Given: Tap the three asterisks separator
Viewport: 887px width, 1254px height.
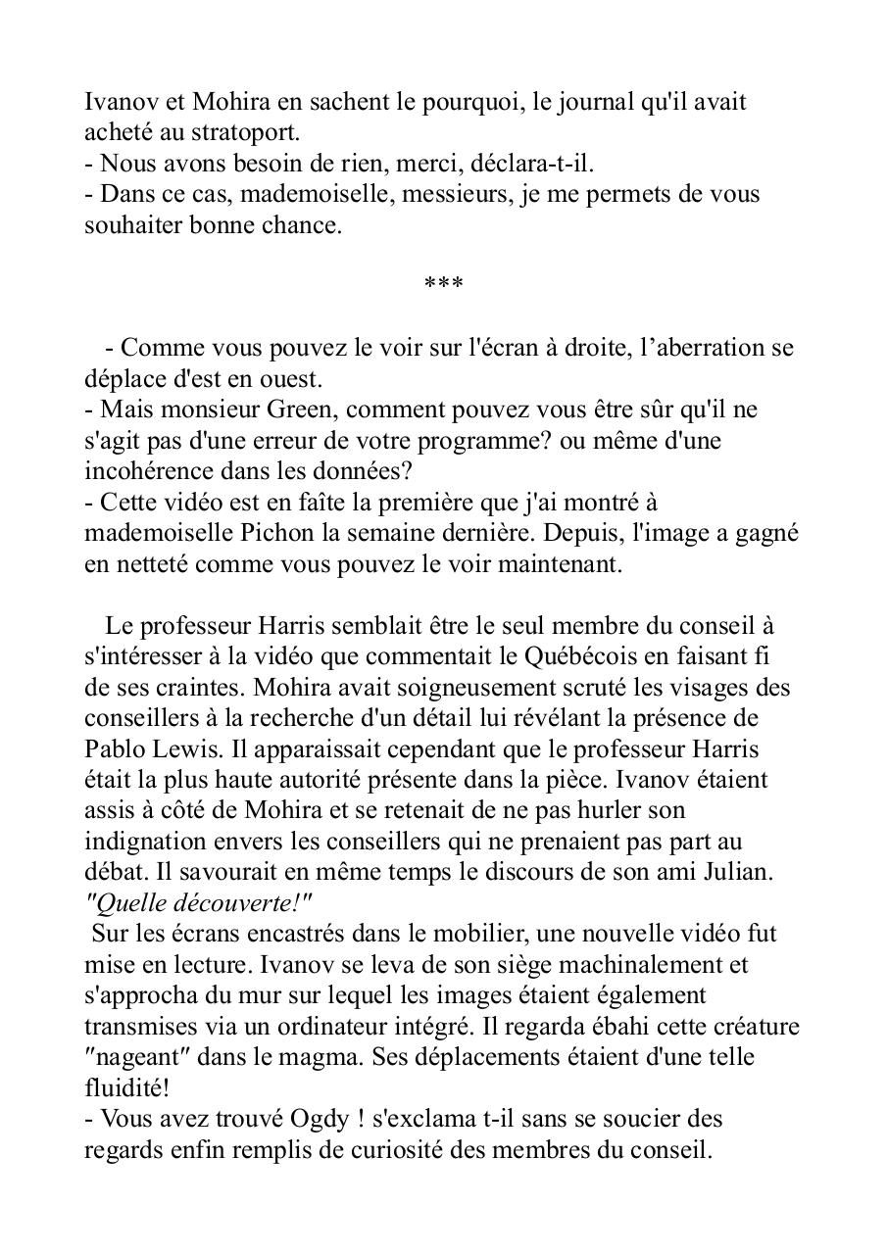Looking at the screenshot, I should pos(443,284).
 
